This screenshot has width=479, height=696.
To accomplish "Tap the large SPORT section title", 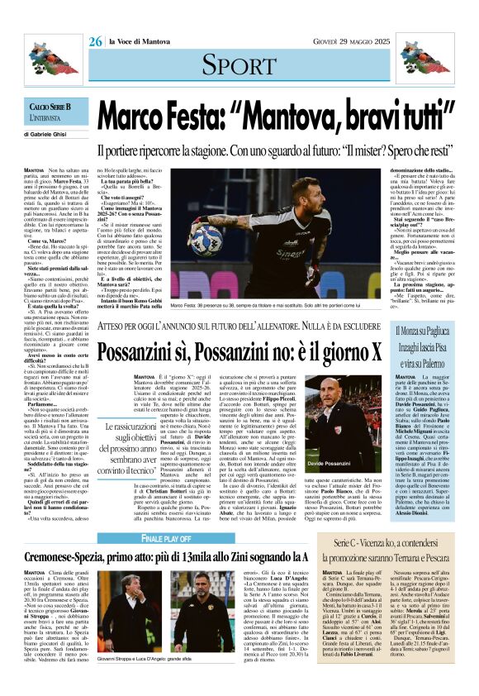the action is point(239,63).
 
